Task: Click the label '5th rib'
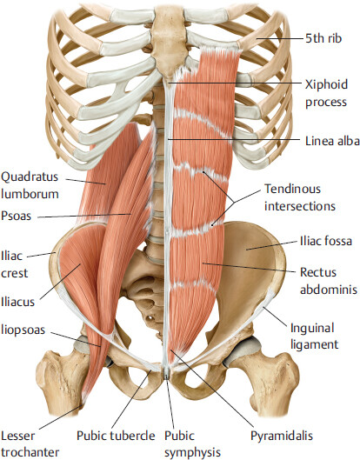click(x=323, y=38)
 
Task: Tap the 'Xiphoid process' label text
click(x=326, y=93)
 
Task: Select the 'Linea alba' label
click(x=332, y=141)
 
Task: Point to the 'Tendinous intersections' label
click(x=299, y=197)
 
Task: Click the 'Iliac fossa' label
click(x=326, y=241)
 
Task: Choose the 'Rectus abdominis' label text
click(x=329, y=281)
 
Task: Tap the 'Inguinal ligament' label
click(x=314, y=337)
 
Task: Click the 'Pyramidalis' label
click(x=282, y=436)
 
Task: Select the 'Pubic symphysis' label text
click(x=192, y=443)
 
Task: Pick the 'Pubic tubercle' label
click(x=116, y=436)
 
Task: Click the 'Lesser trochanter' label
click(x=30, y=443)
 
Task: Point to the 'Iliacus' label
click(x=17, y=302)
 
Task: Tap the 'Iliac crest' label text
click(x=15, y=264)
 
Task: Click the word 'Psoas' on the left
click(x=16, y=216)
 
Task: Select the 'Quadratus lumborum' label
click(x=30, y=185)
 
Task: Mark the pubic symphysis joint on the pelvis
click(x=167, y=372)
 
